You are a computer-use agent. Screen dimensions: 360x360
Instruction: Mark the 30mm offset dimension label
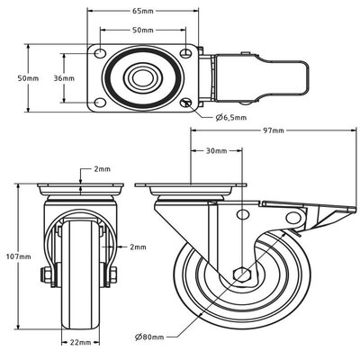214,150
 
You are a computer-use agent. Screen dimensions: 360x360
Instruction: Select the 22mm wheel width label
79,343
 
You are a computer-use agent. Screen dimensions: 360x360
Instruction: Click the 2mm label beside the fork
137,247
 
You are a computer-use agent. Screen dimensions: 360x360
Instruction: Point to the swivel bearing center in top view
140,78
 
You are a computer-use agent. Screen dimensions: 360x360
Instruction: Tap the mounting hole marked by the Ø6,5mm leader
185,103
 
